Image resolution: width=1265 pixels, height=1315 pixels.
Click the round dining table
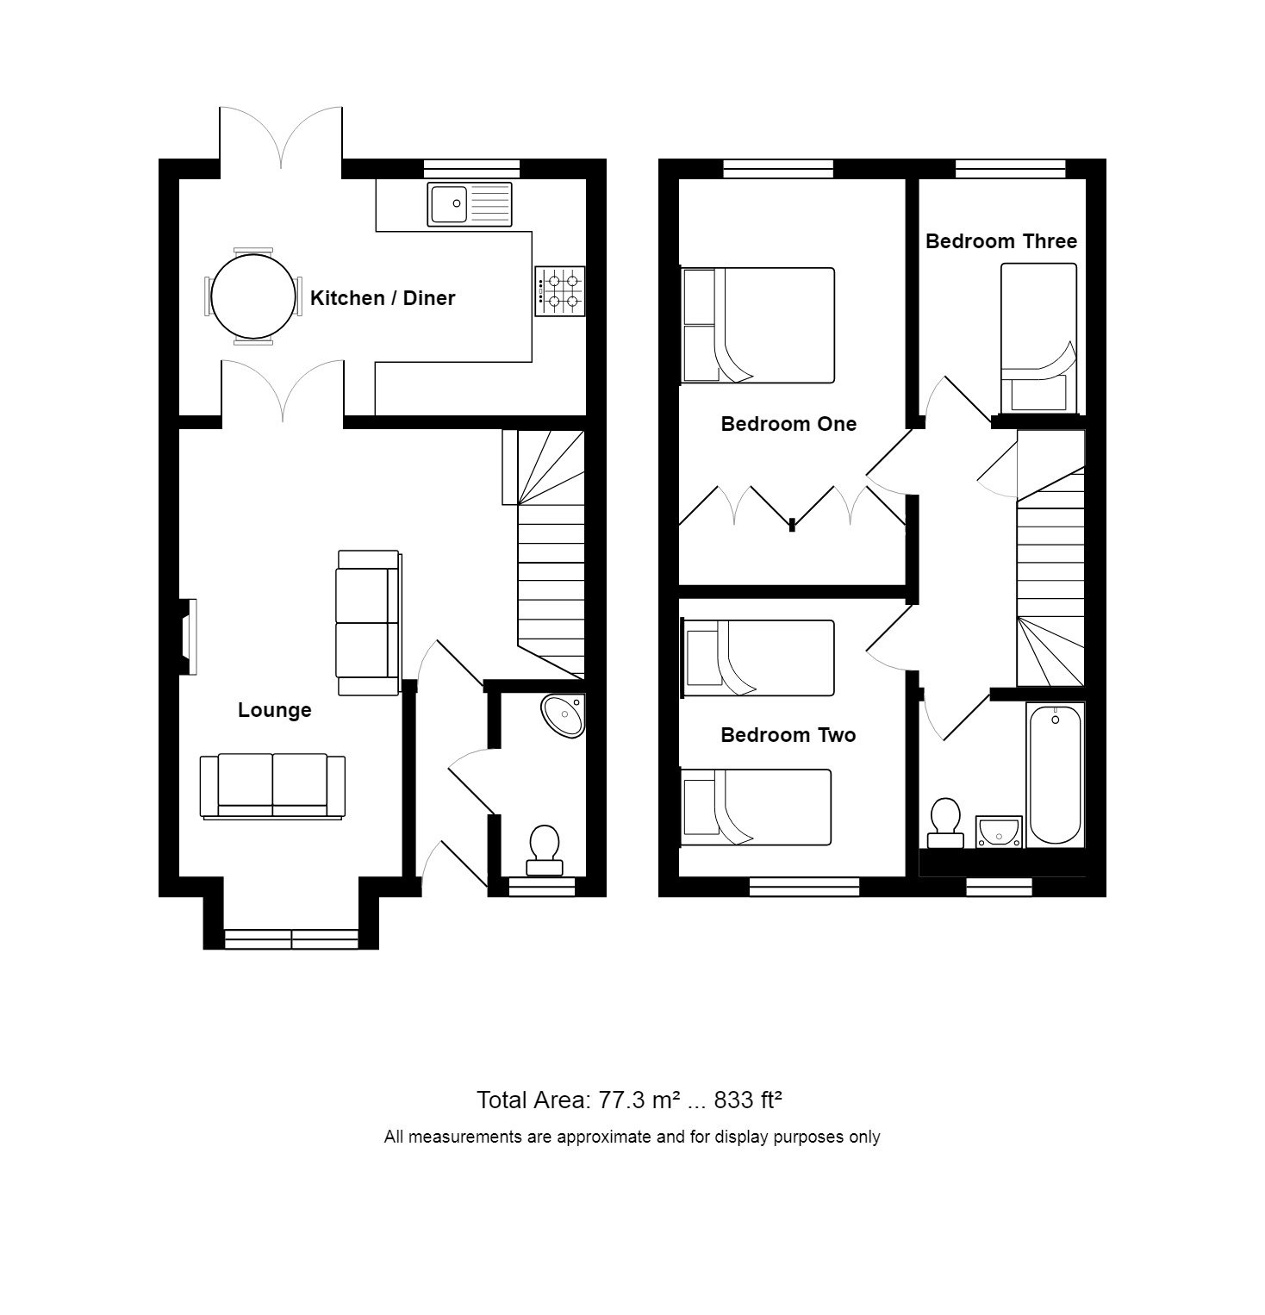coord(252,297)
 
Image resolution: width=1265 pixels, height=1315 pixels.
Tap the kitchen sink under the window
coord(469,204)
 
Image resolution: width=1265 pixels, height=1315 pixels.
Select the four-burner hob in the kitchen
coord(559,290)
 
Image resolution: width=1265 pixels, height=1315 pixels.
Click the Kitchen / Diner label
coord(382,298)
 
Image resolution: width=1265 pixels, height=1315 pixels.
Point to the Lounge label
coord(274,710)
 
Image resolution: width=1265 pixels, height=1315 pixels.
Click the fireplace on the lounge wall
coord(187,637)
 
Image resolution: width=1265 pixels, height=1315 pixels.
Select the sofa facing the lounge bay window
coord(272,785)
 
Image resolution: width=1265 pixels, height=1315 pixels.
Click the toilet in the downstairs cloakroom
coord(545,850)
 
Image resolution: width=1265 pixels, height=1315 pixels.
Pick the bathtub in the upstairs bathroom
coord(1055,775)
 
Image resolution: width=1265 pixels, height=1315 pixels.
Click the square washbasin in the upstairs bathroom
coord(999,832)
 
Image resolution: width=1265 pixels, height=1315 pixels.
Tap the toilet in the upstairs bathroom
coord(945,822)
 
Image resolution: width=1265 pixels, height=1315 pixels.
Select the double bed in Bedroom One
coord(758,325)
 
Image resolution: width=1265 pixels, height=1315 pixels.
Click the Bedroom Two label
coord(788,735)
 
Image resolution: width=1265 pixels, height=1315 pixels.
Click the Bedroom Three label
coord(1000,241)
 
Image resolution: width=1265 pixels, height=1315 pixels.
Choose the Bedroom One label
coord(788,424)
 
